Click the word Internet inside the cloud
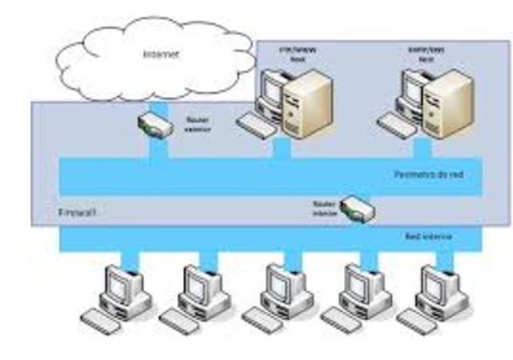[160, 55]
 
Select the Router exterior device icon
[154, 123]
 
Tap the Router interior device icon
[357, 209]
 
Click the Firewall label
[79, 213]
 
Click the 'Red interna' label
[428, 237]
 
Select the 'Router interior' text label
[324, 208]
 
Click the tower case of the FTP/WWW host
[307, 103]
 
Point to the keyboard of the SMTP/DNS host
[397, 123]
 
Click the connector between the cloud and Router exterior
[158, 105]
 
